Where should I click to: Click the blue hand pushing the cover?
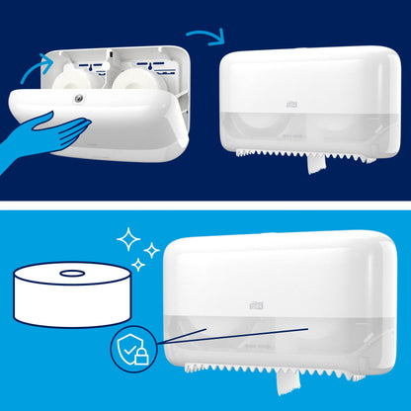pyautogui.click(x=50, y=129)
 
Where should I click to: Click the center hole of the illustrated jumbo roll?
pyautogui.click(x=72, y=274)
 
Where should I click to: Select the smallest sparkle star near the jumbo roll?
pyautogui.click(x=135, y=265)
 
